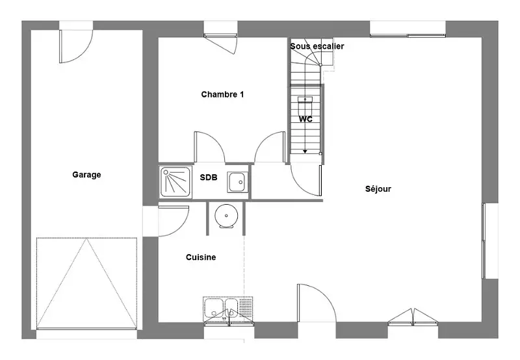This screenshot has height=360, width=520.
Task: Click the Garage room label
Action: [86, 175]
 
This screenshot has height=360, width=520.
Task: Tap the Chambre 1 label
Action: [222, 94]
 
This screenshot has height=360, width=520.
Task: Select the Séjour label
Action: [378, 189]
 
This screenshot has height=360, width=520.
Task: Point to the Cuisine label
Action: [201, 257]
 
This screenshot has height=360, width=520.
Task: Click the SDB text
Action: [209, 177]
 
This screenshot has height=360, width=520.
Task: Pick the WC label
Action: [305, 119]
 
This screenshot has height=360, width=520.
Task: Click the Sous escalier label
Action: [317, 46]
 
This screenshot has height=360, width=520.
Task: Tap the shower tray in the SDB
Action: [175, 183]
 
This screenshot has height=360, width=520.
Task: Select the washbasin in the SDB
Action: [237, 182]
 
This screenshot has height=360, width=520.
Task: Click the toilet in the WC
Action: [305, 105]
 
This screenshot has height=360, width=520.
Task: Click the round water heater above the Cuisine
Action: [226, 216]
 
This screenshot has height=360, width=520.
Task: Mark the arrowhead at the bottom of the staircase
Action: [305, 151]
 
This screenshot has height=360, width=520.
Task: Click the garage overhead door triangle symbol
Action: [86, 283]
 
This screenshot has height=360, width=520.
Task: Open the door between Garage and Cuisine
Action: [173, 221]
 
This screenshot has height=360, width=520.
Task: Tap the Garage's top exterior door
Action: [76, 46]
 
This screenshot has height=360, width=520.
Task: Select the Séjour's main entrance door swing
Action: [317, 303]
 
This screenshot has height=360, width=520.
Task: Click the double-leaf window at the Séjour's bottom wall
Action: [413, 316]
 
